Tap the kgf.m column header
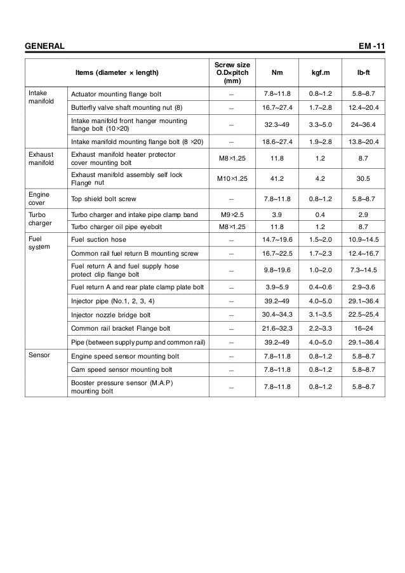[x=317, y=72]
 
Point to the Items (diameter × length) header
[x=117, y=72]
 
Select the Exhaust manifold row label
[x=41, y=159]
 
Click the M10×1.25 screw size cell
[x=232, y=178]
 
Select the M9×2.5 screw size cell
[x=232, y=215]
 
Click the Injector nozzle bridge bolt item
[x=111, y=315]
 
